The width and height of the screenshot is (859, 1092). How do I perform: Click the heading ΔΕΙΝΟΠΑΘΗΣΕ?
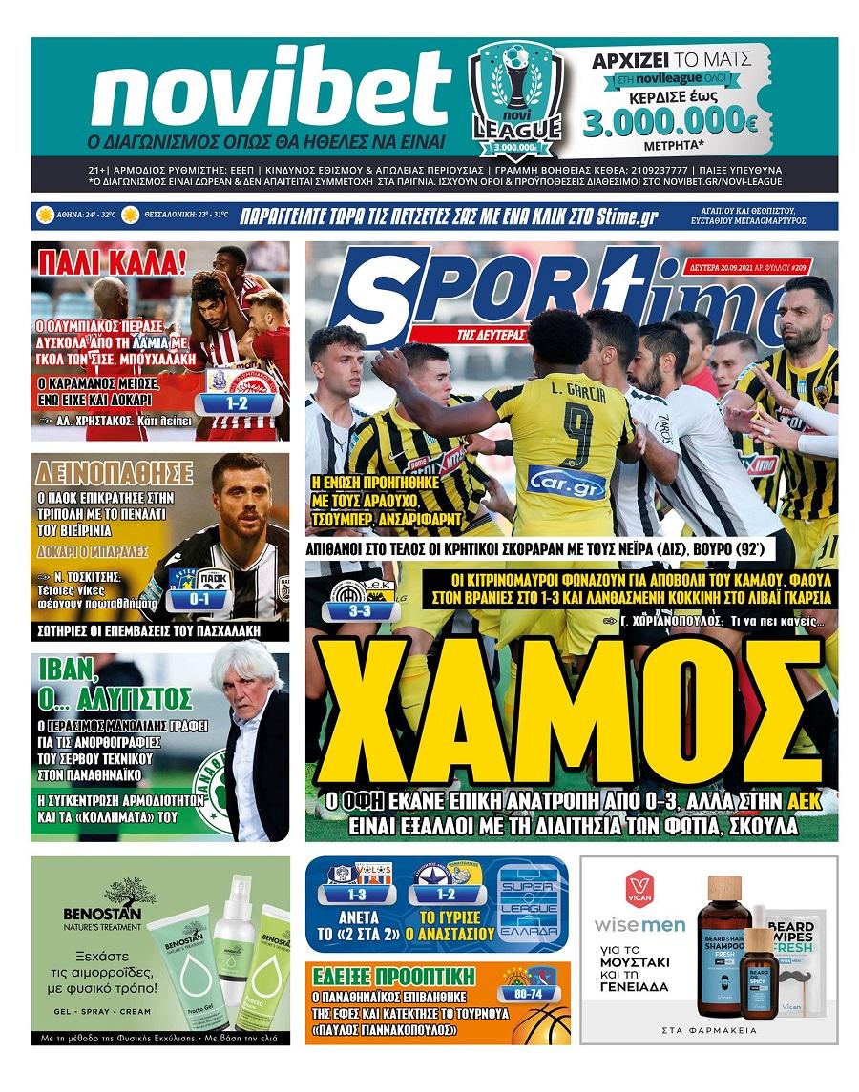(x=115, y=473)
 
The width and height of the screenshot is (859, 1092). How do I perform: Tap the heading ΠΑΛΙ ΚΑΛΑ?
(x=98, y=261)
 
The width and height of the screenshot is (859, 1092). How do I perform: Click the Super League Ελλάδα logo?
(x=532, y=905)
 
